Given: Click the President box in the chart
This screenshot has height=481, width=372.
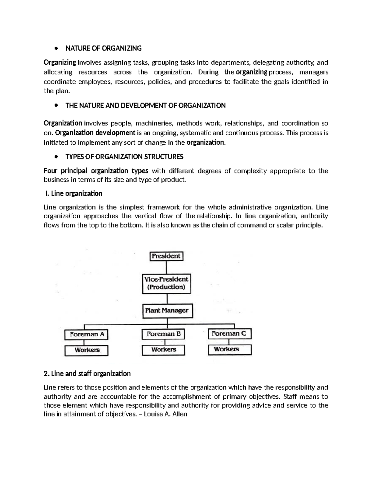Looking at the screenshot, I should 166,256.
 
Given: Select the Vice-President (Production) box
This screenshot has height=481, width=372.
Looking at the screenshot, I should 166,283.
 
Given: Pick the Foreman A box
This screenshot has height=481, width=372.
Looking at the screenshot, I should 86,335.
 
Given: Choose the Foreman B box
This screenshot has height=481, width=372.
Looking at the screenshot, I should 163,334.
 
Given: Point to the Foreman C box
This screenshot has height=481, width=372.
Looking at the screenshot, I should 229,334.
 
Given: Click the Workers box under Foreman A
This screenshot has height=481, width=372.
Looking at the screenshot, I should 86,350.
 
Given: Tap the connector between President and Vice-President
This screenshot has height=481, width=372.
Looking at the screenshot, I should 166,267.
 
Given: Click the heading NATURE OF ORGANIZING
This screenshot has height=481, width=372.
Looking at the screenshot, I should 103,48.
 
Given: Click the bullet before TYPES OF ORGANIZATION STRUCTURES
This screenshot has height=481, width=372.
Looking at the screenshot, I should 56,157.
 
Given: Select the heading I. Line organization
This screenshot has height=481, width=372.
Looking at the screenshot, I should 73,194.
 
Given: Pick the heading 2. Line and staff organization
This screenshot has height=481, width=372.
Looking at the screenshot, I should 87,374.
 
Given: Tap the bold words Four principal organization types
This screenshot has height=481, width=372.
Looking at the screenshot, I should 96,171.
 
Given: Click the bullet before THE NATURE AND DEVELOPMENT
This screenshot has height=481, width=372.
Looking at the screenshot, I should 56,106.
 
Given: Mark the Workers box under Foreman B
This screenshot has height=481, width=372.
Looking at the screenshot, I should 163,350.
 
